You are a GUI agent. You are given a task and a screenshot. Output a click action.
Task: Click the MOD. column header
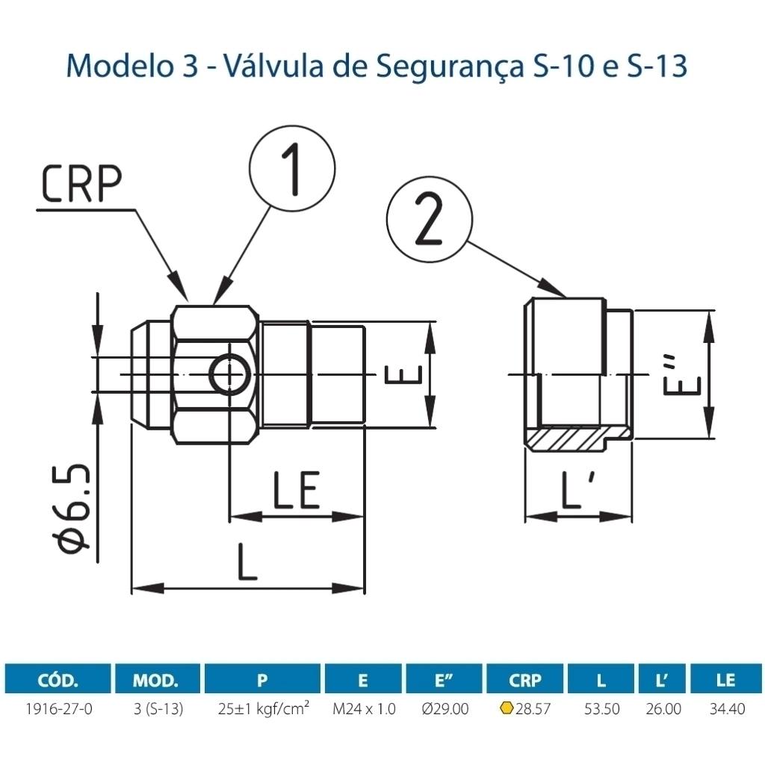pyautogui.click(x=156, y=680)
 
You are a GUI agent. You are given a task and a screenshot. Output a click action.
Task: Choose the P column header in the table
pyautogui.click(x=262, y=680)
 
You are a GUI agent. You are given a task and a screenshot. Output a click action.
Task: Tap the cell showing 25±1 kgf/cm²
pyautogui.click(x=262, y=708)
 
